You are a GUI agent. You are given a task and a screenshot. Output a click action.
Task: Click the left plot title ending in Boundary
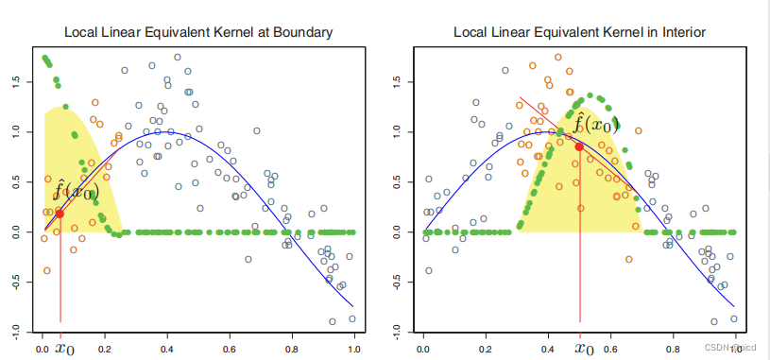(197, 32)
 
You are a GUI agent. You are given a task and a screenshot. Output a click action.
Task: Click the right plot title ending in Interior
(580, 32)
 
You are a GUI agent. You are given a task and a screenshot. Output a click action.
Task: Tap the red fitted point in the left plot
(60, 214)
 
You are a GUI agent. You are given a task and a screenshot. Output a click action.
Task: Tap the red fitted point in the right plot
(579, 146)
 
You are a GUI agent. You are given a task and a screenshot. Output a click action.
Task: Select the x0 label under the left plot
(64, 348)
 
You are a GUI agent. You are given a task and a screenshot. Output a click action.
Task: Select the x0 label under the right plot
(585, 348)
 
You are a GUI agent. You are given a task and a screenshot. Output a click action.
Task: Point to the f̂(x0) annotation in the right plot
(595, 124)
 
